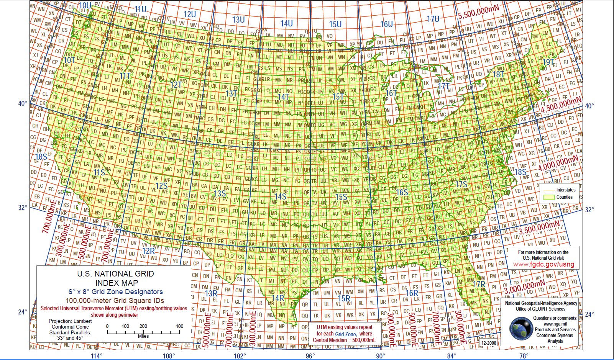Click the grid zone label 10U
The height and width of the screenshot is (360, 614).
click(85, 5)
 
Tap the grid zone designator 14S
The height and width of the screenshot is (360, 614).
click(280, 196)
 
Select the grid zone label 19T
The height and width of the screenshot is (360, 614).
click(548, 62)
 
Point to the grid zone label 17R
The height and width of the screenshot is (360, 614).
click(479, 284)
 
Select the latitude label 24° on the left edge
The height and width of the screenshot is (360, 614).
click(22, 312)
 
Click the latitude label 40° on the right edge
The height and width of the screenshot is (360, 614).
click(589, 106)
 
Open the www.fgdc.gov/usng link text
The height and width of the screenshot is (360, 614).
click(543, 264)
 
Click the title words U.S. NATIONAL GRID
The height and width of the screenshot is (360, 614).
click(115, 274)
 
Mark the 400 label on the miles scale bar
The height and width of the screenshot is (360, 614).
click(179, 326)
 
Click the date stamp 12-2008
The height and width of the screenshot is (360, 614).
click(488, 343)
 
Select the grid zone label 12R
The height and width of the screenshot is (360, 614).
click(148, 251)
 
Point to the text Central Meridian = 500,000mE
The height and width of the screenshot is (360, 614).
click(344, 340)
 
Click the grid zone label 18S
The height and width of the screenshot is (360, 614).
click(520, 172)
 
